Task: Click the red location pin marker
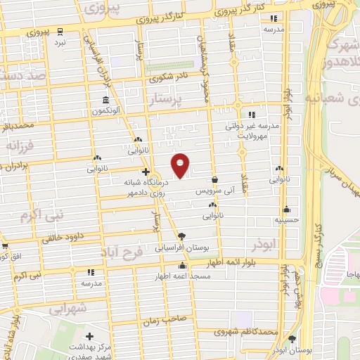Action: pos(181,165)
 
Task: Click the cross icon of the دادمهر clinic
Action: pos(146,172)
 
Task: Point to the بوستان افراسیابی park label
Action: pos(182,249)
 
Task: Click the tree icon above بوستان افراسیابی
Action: pos(182,236)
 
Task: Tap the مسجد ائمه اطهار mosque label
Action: pos(183,278)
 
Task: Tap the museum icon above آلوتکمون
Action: pos(105,99)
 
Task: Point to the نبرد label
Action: pos(60,42)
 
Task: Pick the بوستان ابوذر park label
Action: pos(292,350)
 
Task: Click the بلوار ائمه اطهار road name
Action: pos(233,263)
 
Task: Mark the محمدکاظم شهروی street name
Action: pos(245,330)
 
